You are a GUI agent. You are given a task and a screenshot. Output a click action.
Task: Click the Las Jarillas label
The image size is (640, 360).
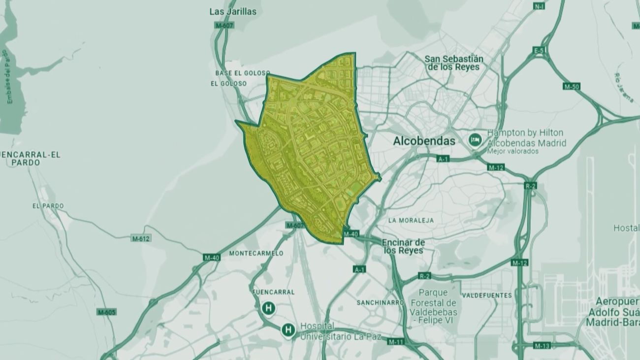[233, 11]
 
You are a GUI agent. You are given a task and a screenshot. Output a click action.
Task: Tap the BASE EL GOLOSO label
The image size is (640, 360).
[242, 73]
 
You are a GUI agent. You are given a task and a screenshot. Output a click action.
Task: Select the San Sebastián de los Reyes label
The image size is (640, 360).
[453, 63]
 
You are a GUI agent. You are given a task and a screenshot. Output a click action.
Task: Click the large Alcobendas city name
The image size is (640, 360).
[424, 141]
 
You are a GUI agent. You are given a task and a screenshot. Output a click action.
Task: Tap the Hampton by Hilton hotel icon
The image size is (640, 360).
[475, 139]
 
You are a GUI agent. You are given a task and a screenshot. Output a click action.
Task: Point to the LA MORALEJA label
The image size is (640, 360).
[411, 220]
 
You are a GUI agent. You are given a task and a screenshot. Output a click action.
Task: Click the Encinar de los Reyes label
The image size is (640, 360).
[403, 246]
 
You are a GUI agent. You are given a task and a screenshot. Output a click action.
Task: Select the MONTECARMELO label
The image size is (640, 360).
[256, 253]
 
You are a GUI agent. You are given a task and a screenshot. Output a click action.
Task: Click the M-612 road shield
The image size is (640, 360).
[141, 238]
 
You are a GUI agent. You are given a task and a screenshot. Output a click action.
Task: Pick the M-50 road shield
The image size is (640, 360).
[572, 86]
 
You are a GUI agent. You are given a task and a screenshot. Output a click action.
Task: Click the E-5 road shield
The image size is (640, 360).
[540, 50]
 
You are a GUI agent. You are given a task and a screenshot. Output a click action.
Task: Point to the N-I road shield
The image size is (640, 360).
[539, 6]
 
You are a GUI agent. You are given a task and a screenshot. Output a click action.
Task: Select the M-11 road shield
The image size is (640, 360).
[395, 341]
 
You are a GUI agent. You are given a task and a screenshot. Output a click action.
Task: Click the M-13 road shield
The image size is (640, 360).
[542, 345]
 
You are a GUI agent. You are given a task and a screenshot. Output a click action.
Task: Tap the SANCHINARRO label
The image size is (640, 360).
[381, 302]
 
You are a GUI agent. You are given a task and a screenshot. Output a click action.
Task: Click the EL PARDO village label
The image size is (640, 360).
[48, 206]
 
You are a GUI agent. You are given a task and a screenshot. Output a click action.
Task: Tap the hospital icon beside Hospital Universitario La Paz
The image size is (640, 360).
[288, 329]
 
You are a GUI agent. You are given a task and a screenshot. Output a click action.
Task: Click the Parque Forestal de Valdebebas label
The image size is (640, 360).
[433, 302]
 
